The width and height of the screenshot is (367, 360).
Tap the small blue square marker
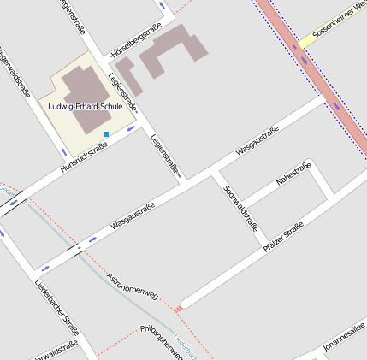click(x=106, y=134)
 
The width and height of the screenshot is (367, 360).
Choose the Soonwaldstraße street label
click(x=240, y=209)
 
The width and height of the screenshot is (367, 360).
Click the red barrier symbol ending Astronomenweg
click(x=178, y=308)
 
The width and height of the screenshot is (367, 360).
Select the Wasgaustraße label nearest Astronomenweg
click(x=133, y=218)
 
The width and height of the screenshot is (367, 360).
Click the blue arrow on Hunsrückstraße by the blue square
click(x=130, y=128)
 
